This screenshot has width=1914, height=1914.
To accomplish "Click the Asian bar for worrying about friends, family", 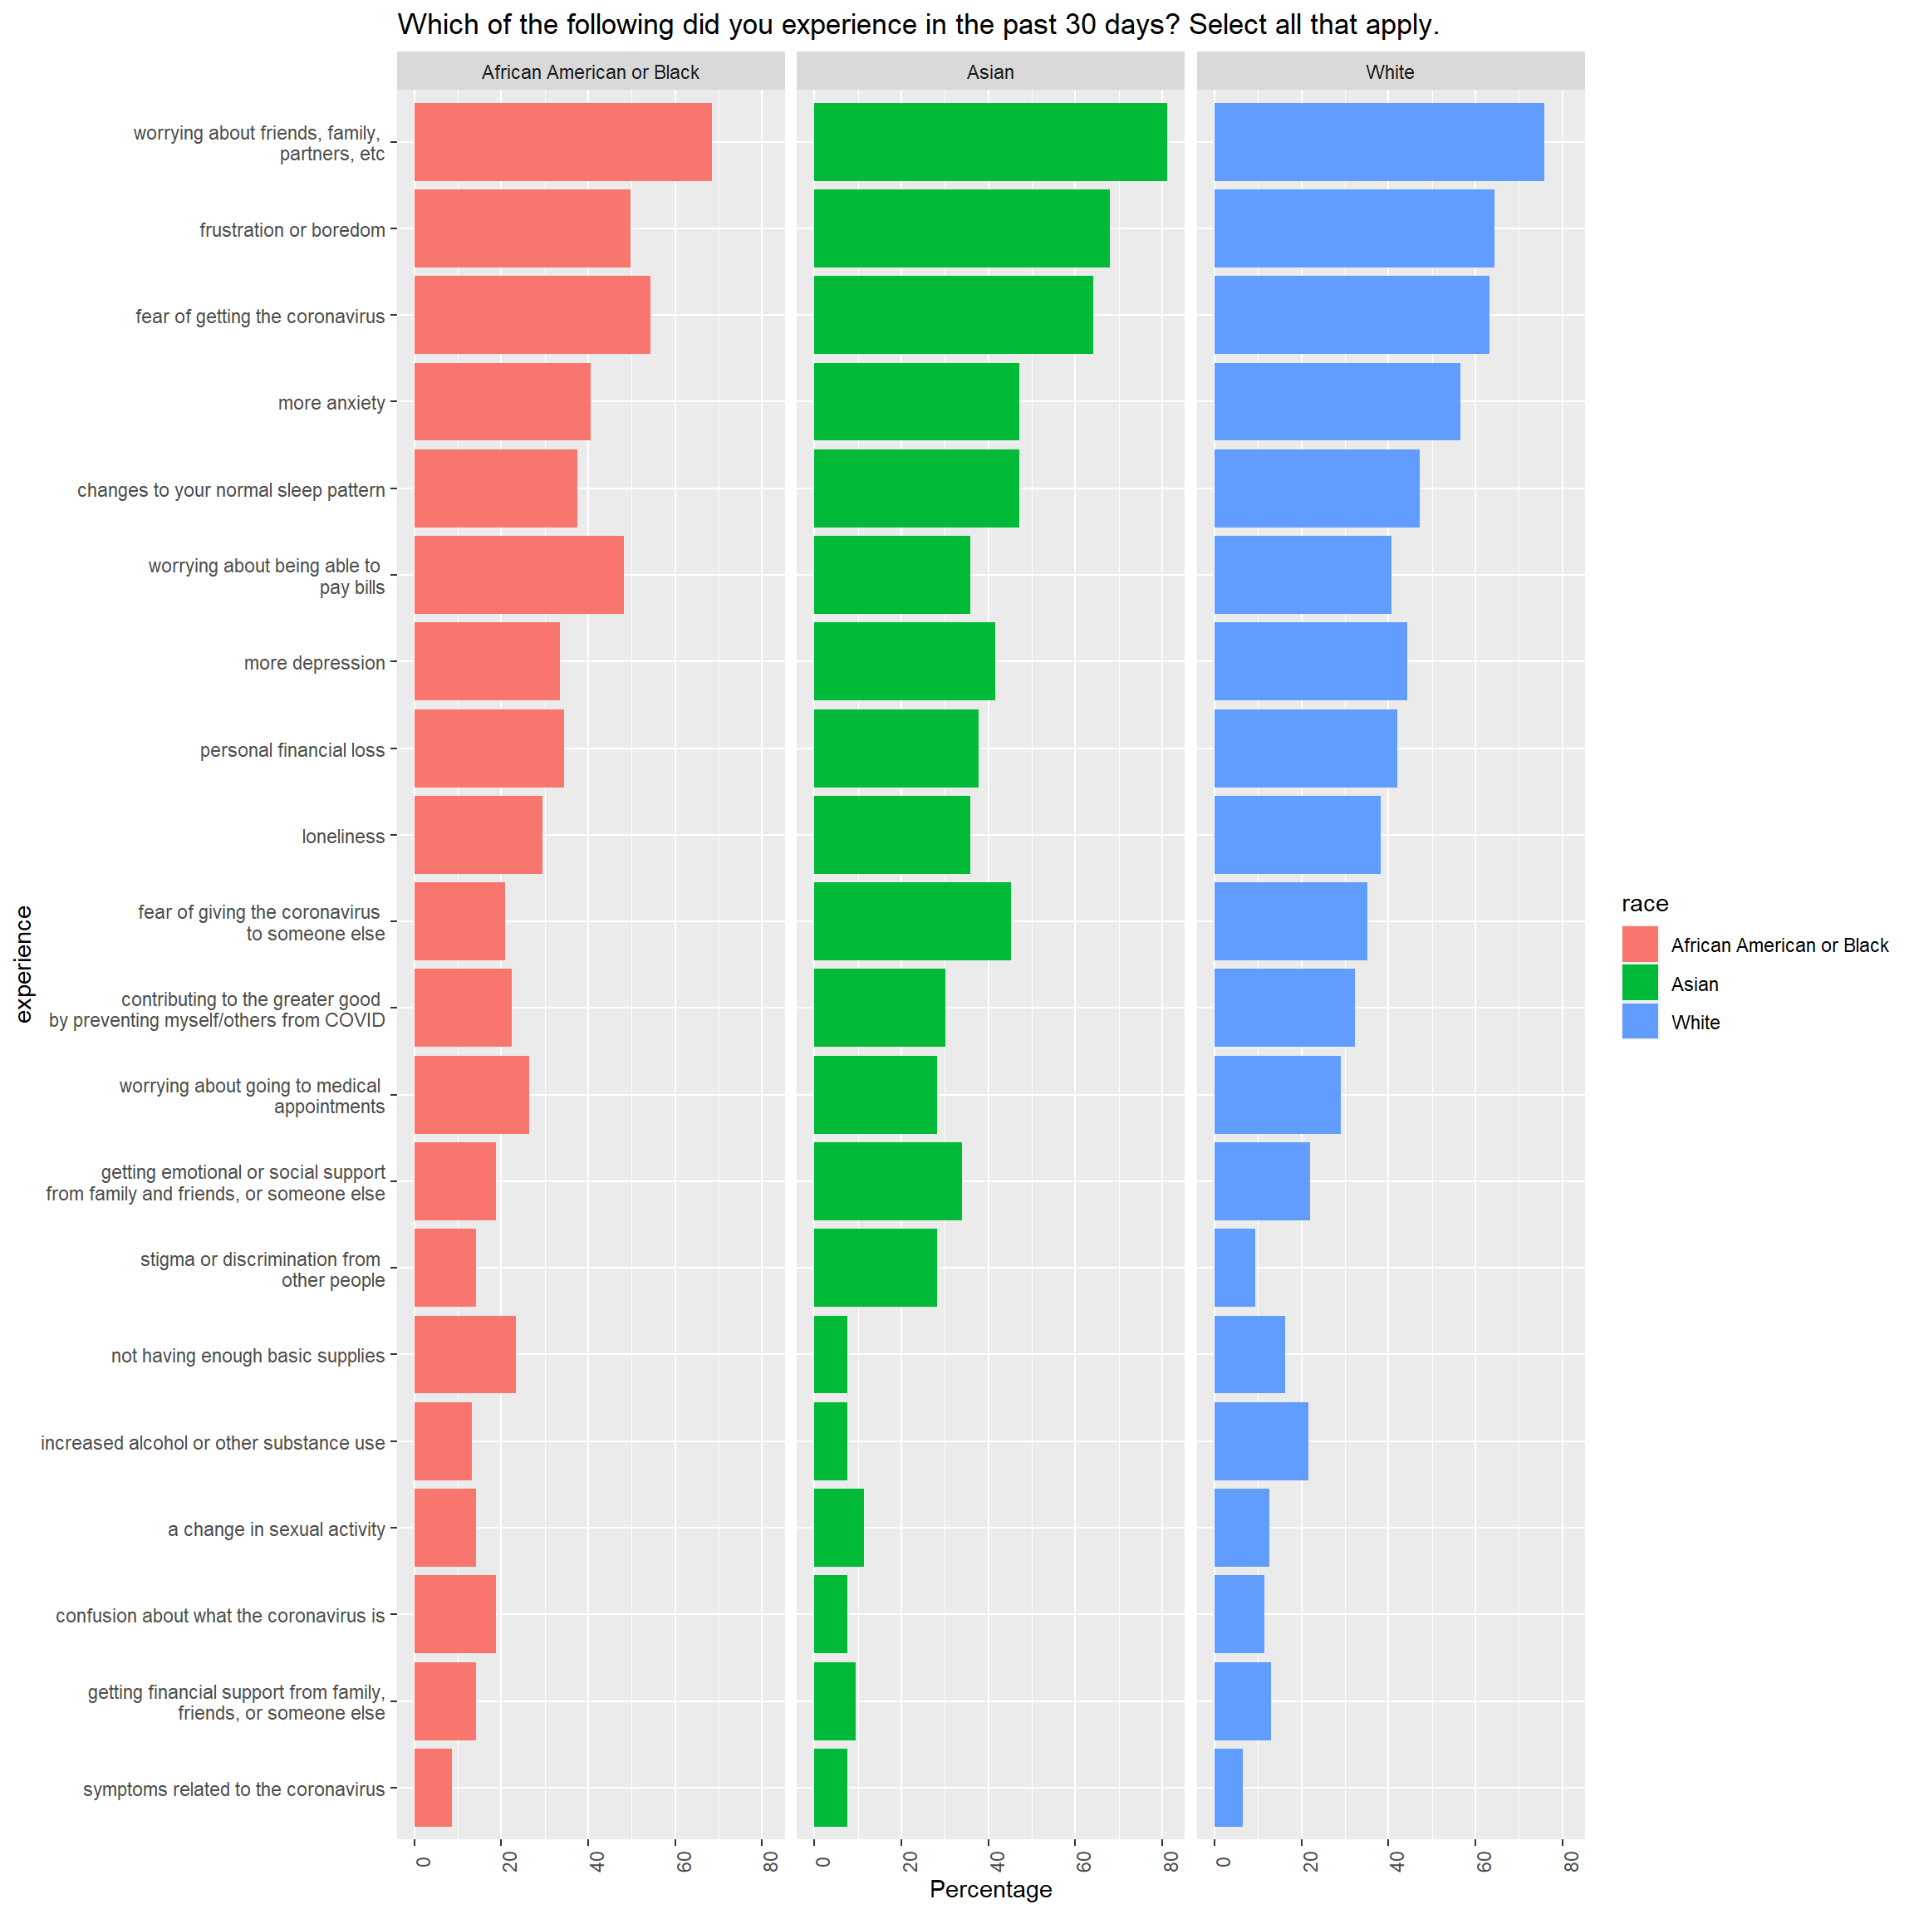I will coord(989,142).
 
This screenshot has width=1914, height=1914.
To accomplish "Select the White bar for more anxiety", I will coord(1337,401).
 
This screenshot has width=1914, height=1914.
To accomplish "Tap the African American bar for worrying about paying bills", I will coord(518,575).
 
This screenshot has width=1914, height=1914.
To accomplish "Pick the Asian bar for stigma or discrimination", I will coord(875,1267).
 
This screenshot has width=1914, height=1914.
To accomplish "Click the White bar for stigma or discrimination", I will coord(1234,1267).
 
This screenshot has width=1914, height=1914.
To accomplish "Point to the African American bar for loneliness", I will coord(478,834).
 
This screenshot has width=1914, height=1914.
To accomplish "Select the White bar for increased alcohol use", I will coord(1260,1440).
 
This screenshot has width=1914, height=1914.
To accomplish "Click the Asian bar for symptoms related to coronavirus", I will coord(830,1787).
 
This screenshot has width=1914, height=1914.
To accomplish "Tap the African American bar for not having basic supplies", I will coord(464,1354).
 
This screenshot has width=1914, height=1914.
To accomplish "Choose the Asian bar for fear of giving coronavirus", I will coord(911,920).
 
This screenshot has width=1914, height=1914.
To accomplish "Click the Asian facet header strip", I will coord(989,71).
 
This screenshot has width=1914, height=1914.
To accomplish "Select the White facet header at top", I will coord(1389,71).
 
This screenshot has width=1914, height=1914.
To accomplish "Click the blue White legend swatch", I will coord(1640,1022).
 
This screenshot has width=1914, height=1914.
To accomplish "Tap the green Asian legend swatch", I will coord(1640,983).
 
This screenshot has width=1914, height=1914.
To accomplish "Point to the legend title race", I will coord(1645,904).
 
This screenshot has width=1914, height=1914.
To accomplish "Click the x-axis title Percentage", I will coord(989,1889).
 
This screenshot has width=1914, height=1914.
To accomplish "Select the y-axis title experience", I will coord(24,963).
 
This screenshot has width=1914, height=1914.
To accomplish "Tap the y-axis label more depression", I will coord(314,663).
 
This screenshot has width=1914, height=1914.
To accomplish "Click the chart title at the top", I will coord(917,25).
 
